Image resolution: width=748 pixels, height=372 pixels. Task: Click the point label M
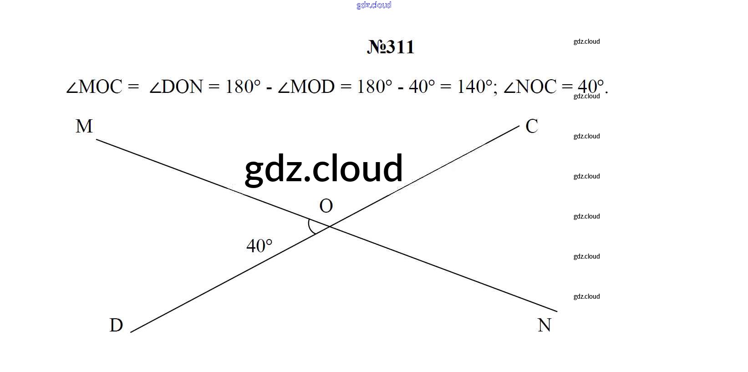click(84, 126)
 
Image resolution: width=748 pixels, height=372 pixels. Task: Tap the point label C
click(532, 126)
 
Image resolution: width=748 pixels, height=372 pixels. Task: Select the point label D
click(116, 325)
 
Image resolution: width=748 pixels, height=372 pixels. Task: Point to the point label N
click(544, 325)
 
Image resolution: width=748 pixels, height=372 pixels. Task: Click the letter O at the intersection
click(326, 206)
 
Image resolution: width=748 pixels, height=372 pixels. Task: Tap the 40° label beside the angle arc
click(259, 246)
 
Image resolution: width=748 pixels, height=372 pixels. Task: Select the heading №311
click(391, 47)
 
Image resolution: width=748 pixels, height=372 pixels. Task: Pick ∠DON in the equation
click(176, 87)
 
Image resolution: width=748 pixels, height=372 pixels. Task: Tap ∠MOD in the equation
click(306, 87)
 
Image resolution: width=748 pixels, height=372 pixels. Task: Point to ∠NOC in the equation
click(530, 87)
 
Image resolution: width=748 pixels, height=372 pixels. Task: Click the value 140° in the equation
click(474, 87)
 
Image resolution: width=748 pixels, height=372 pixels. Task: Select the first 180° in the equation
click(243, 87)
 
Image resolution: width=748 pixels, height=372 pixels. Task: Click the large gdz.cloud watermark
click(324, 170)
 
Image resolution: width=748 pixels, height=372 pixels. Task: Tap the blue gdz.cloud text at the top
click(374, 5)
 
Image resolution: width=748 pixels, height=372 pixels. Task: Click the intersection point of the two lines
click(329, 227)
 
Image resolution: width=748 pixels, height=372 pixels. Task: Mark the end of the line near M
click(97, 140)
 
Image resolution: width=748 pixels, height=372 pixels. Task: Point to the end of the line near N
click(557, 311)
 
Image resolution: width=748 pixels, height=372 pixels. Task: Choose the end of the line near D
click(130, 332)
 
